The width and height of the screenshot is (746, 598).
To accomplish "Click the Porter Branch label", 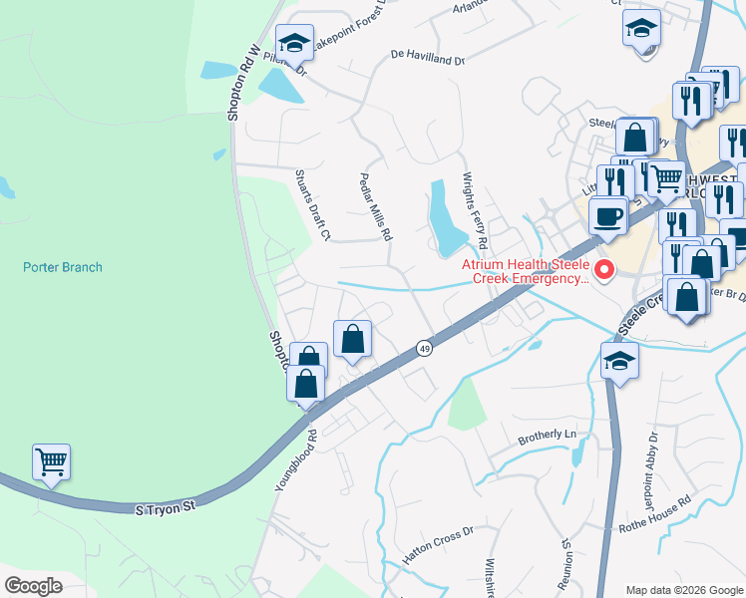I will (62, 267).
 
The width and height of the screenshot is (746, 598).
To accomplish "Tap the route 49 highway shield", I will (424, 347).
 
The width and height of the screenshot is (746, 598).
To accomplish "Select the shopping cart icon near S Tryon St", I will (51, 461).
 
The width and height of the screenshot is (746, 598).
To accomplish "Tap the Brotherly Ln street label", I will (548, 436).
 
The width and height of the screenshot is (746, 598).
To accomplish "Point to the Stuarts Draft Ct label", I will (312, 204).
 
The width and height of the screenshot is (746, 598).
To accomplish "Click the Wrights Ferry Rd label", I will (474, 210).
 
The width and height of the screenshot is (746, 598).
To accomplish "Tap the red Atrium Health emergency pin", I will (602, 269).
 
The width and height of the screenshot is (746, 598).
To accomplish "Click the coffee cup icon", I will (607, 215).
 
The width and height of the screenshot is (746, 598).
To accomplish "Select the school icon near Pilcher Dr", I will (294, 42).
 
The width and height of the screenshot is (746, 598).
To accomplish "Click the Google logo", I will (33, 586).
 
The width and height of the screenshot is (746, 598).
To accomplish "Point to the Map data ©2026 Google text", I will (683, 590).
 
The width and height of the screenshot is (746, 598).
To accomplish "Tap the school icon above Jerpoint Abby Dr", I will (619, 360).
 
